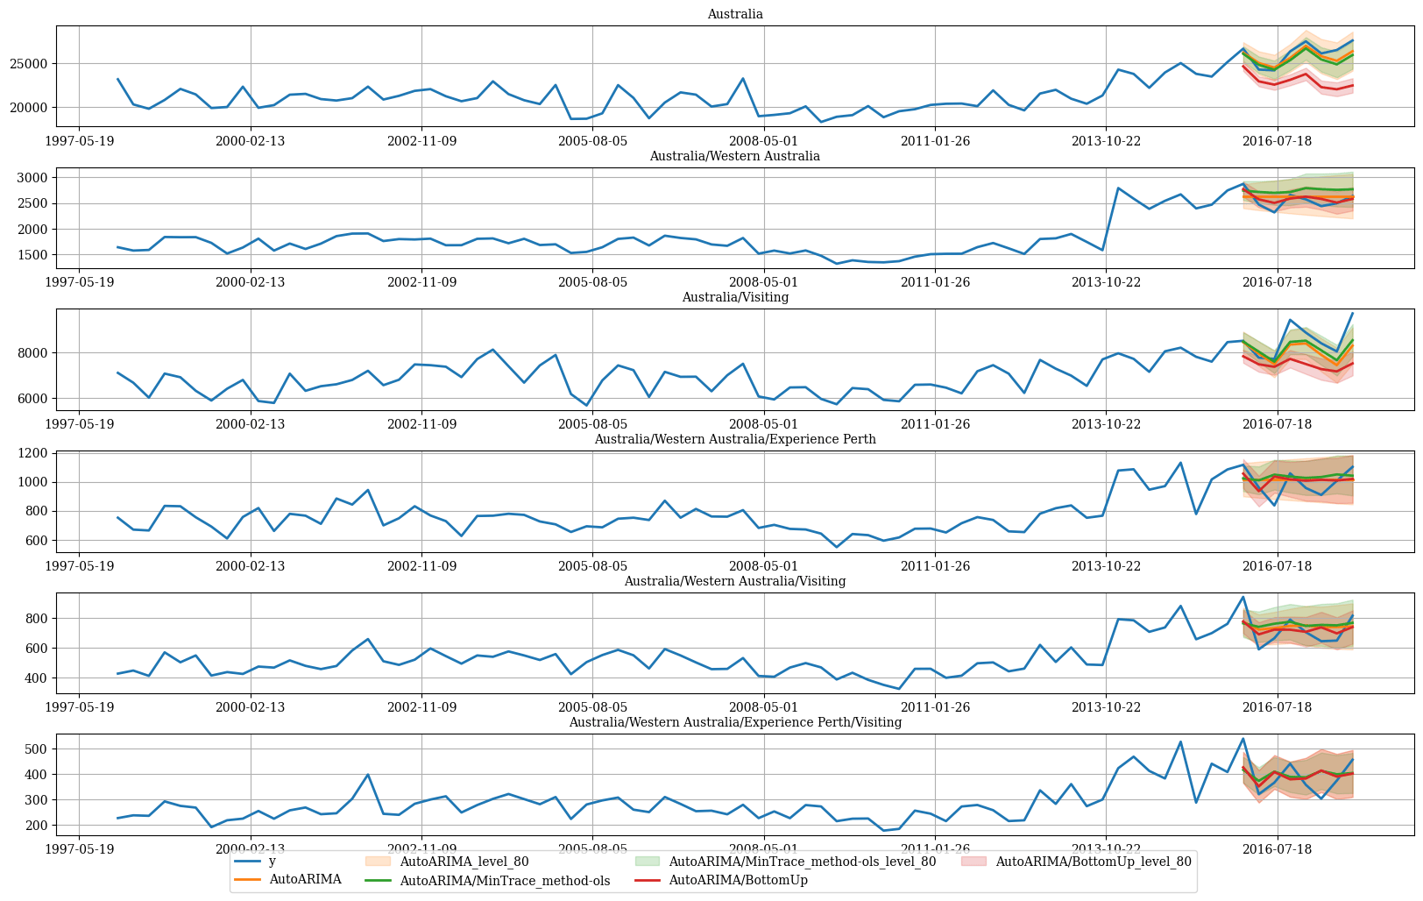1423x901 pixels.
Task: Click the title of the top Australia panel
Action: point(735,14)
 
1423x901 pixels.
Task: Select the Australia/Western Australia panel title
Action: point(735,156)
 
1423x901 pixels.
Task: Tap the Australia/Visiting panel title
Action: point(735,297)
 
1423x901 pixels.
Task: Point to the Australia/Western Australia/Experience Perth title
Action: point(735,439)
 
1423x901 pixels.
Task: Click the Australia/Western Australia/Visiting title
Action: point(735,581)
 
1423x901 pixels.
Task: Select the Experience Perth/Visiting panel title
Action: point(735,722)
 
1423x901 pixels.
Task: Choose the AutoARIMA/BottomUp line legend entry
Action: point(721,880)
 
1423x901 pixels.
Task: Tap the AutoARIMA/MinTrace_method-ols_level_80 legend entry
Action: point(785,862)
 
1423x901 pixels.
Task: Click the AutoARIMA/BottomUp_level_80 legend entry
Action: point(1076,862)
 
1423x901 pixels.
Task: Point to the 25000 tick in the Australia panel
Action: point(29,64)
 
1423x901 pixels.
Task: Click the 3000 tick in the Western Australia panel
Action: point(32,178)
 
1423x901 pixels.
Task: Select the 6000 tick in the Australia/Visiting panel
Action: point(32,399)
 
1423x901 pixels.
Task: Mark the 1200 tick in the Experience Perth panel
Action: point(32,454)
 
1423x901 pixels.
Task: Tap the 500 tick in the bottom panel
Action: point(36,749)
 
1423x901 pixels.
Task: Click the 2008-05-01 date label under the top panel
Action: point(763,141)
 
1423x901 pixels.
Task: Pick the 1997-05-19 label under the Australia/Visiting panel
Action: point(80,424)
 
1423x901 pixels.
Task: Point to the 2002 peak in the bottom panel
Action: point(368,775)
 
